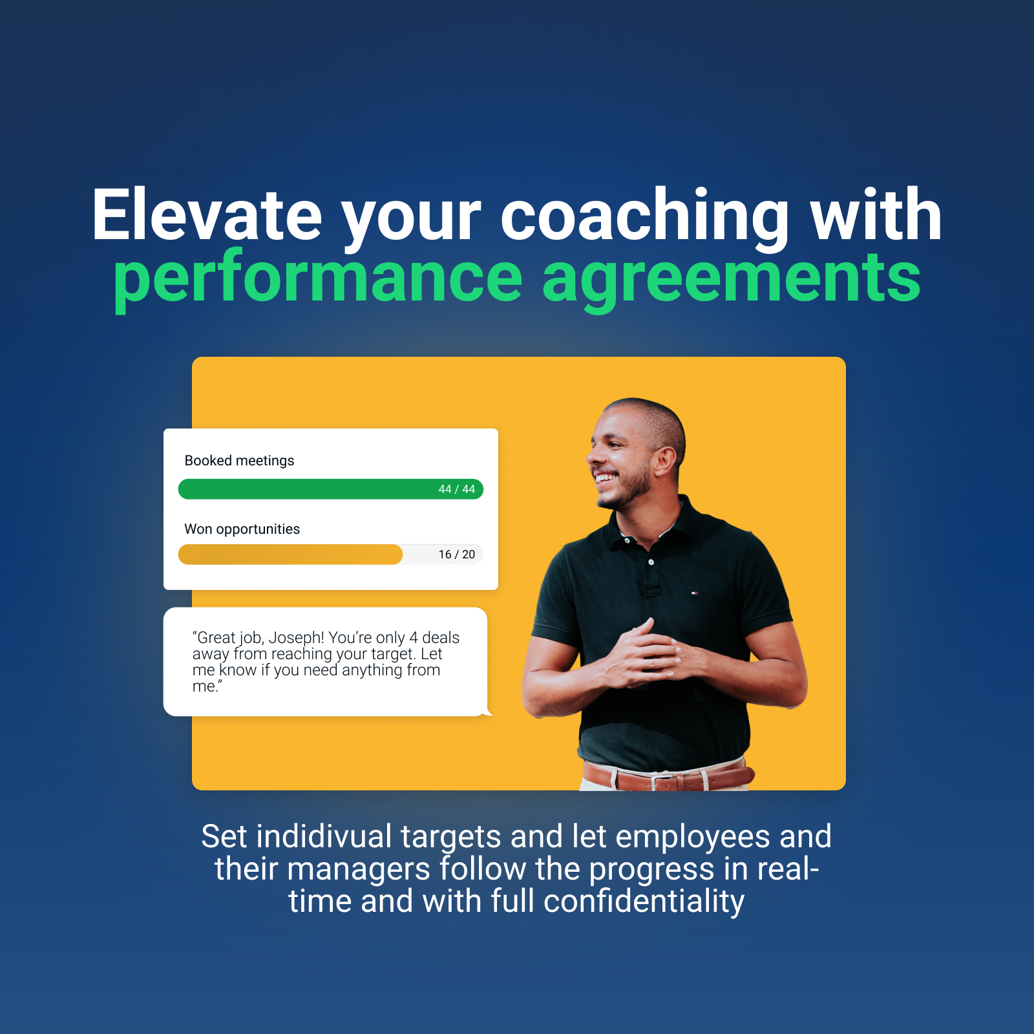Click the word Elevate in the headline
click(x=207, y=215)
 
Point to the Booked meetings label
click(x=239, y=461)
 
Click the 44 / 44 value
click(x=456, y=489)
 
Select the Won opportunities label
click(x=242, y=529)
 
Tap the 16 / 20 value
click(x=456, y=554)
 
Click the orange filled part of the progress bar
click(x=290, y=554)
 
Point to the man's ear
click(x=665, y=459)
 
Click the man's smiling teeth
click(x=606, y=479)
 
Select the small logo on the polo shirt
click(x=695, y=592)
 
